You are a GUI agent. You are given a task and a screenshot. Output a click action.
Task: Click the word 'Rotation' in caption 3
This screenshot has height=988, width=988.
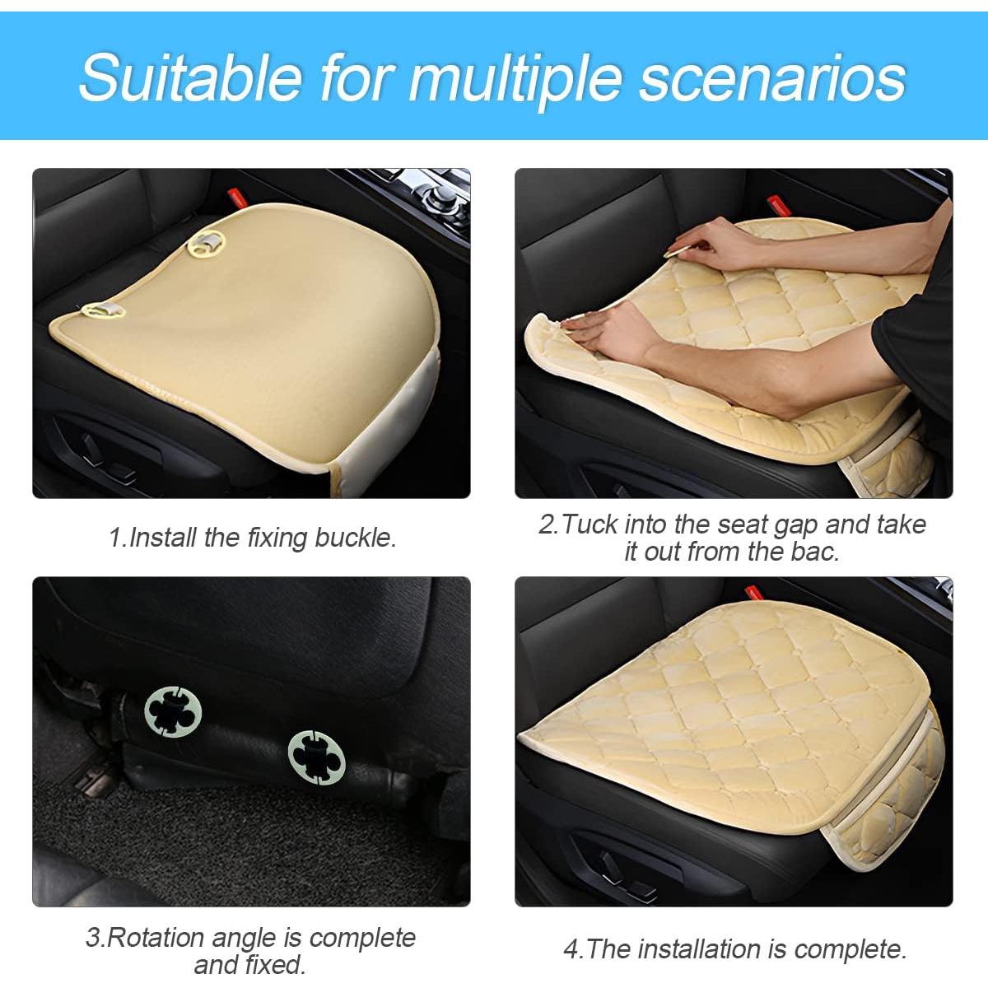pyautogui.click(x=156, y=938)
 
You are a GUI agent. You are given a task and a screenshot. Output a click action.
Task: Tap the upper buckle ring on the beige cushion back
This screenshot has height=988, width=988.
pyautogui.click(x=207, y=241)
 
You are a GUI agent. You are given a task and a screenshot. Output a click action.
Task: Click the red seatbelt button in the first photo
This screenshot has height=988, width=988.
pyautogui.click(x=233, y=198)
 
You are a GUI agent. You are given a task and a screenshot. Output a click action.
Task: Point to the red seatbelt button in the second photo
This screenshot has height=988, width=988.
pyautogui.click(x=773, y=202)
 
